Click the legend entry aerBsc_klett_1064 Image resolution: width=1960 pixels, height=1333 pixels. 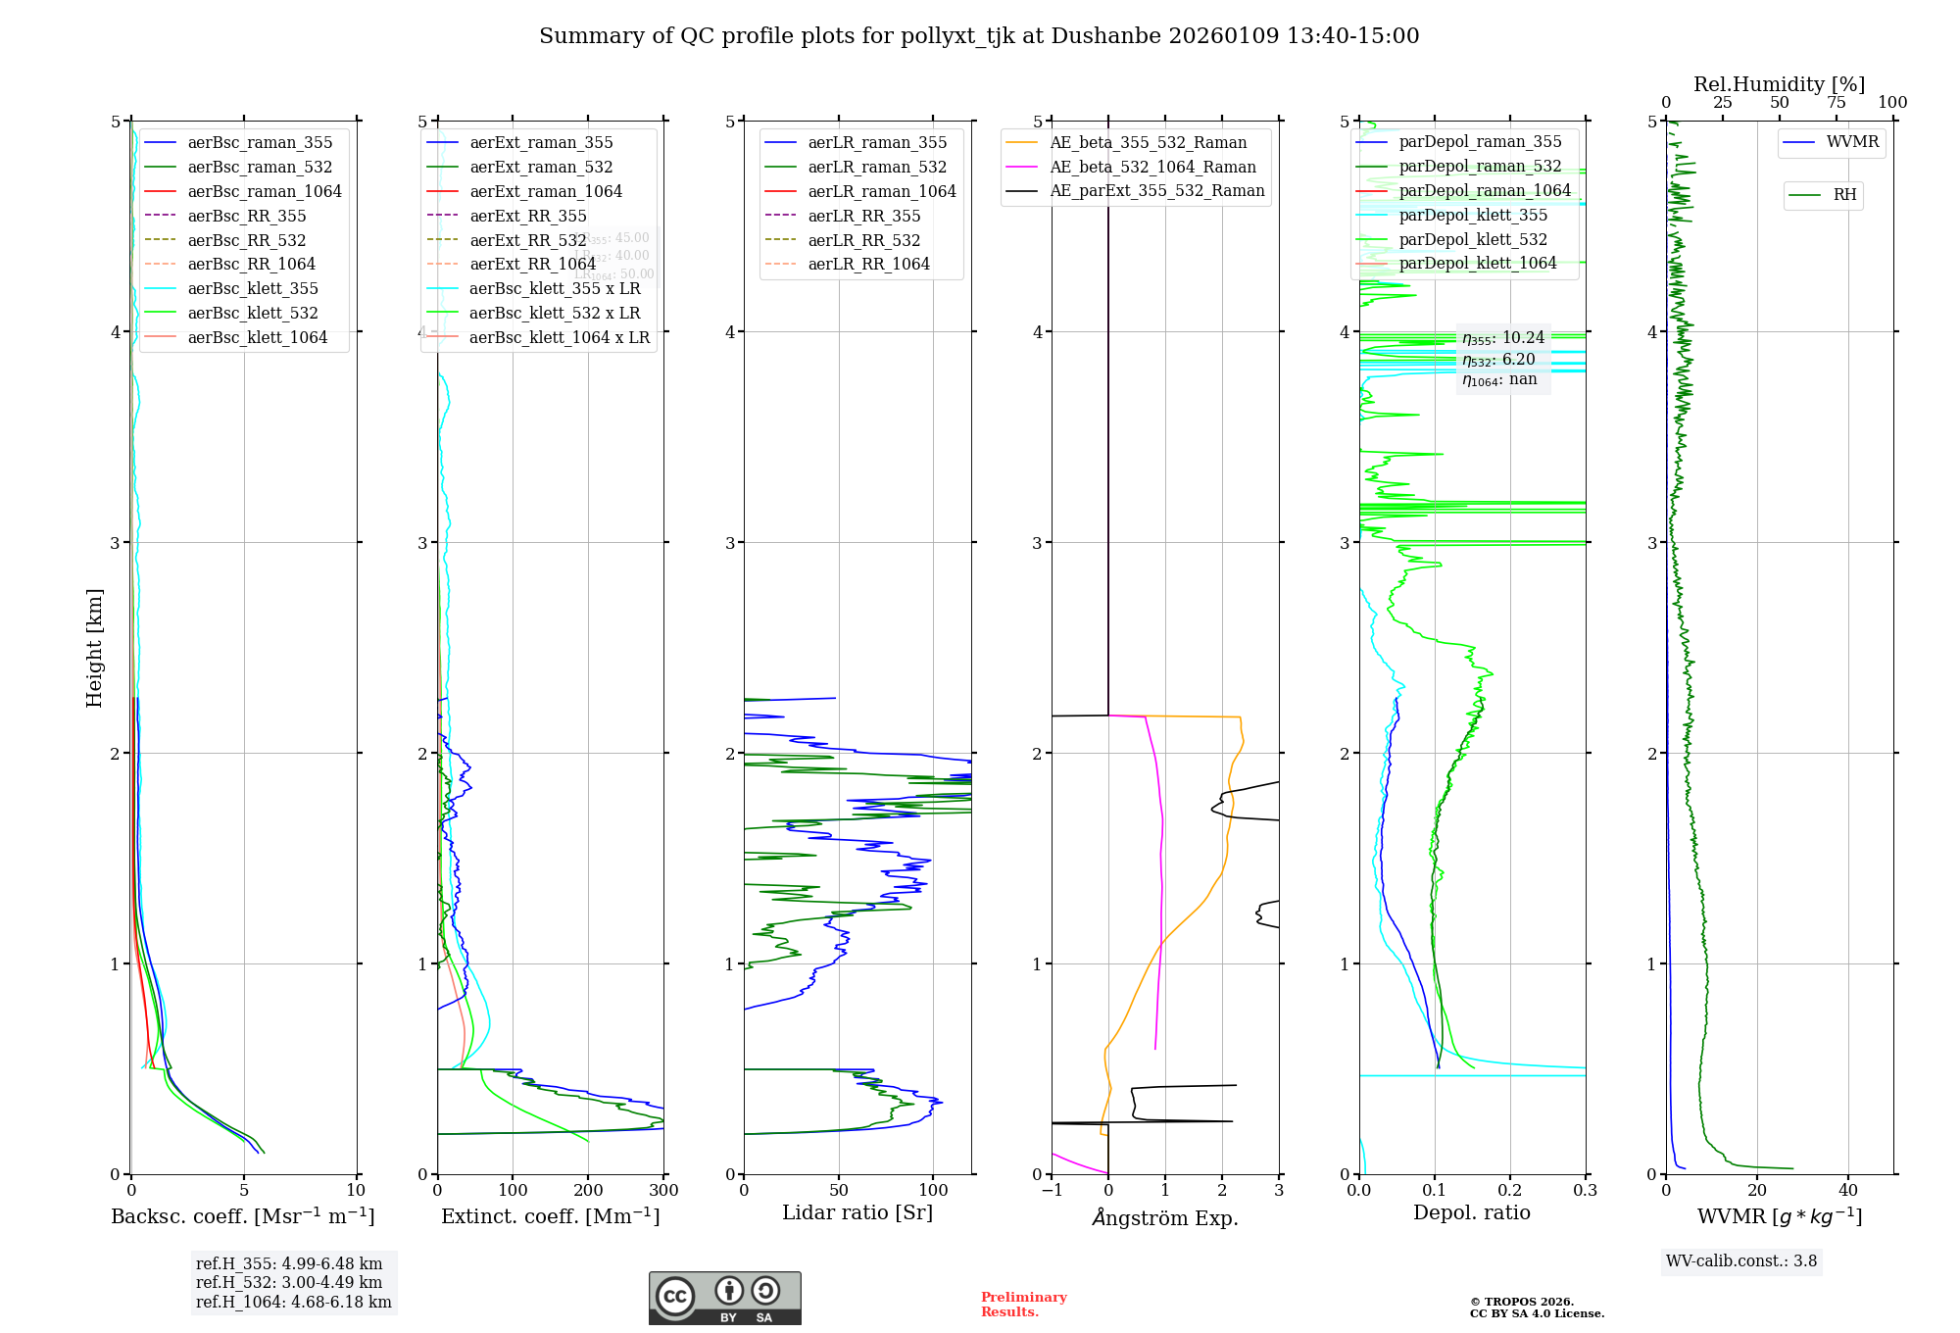pos(258,337)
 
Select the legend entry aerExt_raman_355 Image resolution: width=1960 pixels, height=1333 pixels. pos(541,143)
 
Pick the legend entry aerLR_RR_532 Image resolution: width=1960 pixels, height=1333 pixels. pos(863,240)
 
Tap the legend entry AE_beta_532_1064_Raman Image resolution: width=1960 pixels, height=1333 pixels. pos(1152,167)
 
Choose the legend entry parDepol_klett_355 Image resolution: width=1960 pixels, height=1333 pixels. pos(1473,215)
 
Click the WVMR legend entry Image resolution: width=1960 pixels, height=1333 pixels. pos(1852,142)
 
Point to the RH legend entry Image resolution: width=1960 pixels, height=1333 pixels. pos(1844,195)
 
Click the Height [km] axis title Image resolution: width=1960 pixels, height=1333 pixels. pos(94,647)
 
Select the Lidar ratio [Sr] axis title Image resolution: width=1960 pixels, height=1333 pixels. pos(857,1212)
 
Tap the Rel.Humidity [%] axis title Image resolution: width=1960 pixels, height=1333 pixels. pos(1779,84)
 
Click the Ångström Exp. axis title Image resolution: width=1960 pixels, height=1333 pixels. pos(1164,1217)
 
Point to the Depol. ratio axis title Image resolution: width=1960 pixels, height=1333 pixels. pos(1471,1212)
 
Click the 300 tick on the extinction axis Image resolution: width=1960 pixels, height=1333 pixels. pos(663,1191)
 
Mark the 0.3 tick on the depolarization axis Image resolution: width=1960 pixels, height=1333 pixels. pos(1585,1191)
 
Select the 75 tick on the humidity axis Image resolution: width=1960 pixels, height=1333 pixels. pos(1836,103)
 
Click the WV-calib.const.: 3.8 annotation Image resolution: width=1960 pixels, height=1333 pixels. pos(1740,1261)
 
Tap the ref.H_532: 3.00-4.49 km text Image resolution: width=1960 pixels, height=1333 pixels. pos(288,1283)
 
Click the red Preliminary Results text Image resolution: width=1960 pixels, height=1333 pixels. pos(1023,1305)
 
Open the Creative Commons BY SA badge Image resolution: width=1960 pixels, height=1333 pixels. pos(724,1299)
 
